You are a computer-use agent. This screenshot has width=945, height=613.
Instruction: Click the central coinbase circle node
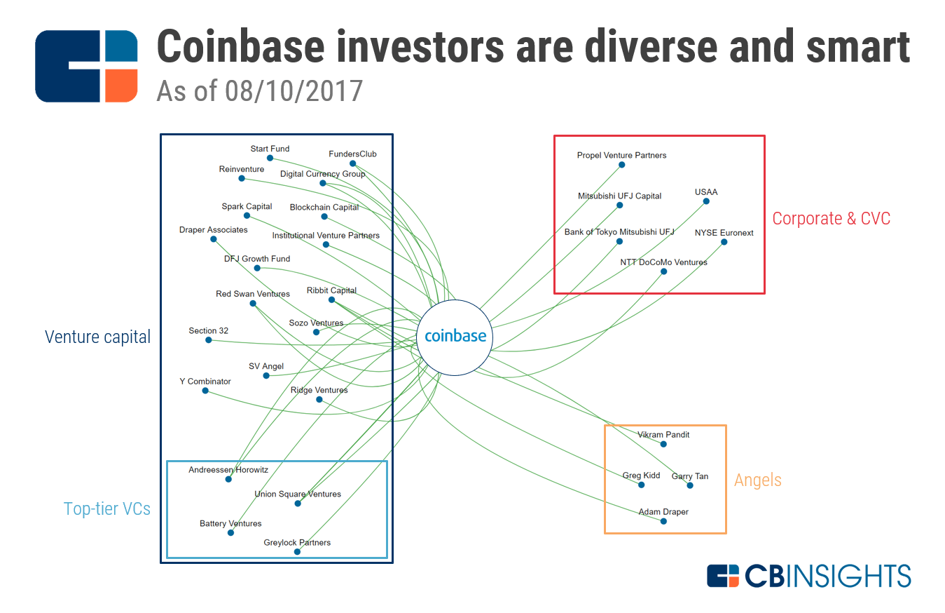coord(455,337)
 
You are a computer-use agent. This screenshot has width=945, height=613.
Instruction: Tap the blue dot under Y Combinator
coord(205,391)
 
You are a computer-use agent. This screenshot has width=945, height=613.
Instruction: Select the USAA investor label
coord(706,191)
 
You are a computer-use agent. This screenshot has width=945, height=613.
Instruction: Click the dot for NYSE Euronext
coord(724,242)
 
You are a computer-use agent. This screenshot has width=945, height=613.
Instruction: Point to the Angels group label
coord(758,480)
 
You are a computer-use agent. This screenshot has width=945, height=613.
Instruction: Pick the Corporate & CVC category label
coord(831,218)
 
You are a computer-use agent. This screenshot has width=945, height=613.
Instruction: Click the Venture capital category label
coord(97,337)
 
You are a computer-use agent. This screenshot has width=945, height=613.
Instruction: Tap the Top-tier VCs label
coord(106,508)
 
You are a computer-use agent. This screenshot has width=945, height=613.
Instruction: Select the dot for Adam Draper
coord(663,521)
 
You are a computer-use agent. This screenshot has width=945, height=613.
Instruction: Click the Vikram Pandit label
coord(663,435)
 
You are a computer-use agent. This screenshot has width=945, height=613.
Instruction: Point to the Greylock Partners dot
coord(297,552)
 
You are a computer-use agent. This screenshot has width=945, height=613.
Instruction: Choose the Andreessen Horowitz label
coord(228,470)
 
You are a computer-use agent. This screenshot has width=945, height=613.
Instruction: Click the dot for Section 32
coord(209,340)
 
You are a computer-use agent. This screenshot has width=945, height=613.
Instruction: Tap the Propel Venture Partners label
coord(621,156)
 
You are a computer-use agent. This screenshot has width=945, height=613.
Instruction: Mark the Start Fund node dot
coord(270,158)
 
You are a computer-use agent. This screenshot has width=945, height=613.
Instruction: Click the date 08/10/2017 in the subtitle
coord(294,91)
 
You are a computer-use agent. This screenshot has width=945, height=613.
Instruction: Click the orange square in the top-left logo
coord(121,86)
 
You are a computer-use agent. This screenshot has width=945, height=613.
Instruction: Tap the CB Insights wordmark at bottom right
coord(808,576)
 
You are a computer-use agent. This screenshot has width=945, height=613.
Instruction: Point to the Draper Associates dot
coord(214,239)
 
